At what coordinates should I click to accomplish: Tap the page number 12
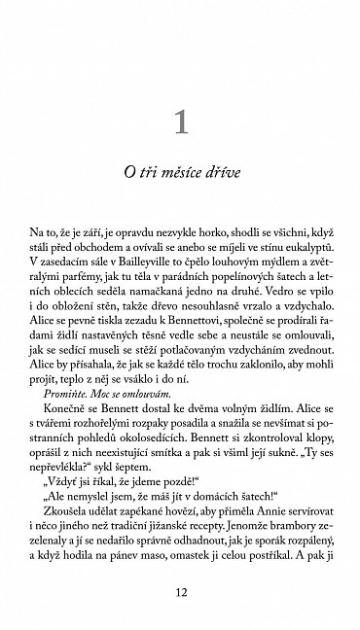coord(180,593)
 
